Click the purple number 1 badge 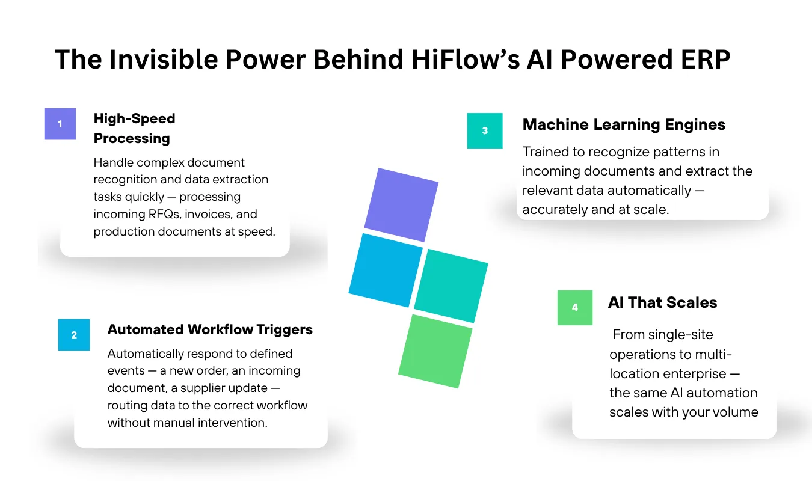point(60,124)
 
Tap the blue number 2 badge point(74,334)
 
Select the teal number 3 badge point(485,130)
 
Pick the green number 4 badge point(575,307)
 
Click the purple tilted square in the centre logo point(401,205)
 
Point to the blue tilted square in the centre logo point(386,270)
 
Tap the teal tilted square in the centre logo point(451,286)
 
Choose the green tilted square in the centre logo point(435,351)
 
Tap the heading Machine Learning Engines point(624,124)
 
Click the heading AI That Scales point(662,302)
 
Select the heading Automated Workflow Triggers point(210,329)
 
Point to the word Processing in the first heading point(132,138)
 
